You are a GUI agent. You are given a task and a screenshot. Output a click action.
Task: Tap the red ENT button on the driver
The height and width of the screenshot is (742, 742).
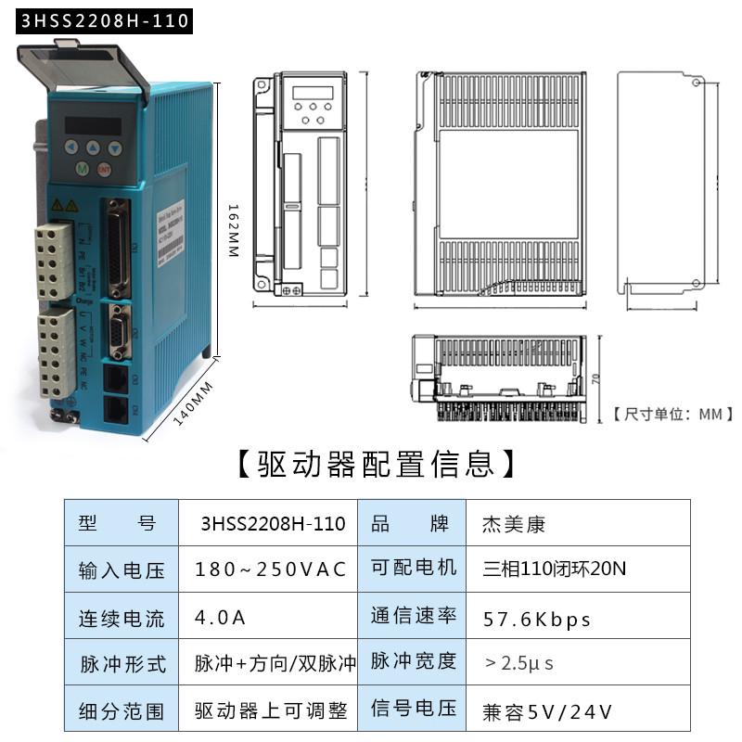point(104,170)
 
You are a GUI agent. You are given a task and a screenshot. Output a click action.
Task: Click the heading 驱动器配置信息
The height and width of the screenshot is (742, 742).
point(371,461)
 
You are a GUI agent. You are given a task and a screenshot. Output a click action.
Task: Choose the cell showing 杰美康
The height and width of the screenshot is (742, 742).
point(514,524)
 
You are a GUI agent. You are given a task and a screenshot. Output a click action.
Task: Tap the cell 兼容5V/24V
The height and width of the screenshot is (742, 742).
point(547,711)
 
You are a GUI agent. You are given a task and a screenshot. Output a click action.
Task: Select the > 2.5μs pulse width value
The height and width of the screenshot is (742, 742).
point(519,664)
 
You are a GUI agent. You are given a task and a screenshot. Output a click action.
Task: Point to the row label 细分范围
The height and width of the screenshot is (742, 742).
point(122,711)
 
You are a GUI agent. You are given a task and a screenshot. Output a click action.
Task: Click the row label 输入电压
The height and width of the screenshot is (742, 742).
point(122,570)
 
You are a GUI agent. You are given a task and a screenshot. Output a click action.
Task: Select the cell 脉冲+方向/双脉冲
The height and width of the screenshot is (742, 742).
point(275,664)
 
